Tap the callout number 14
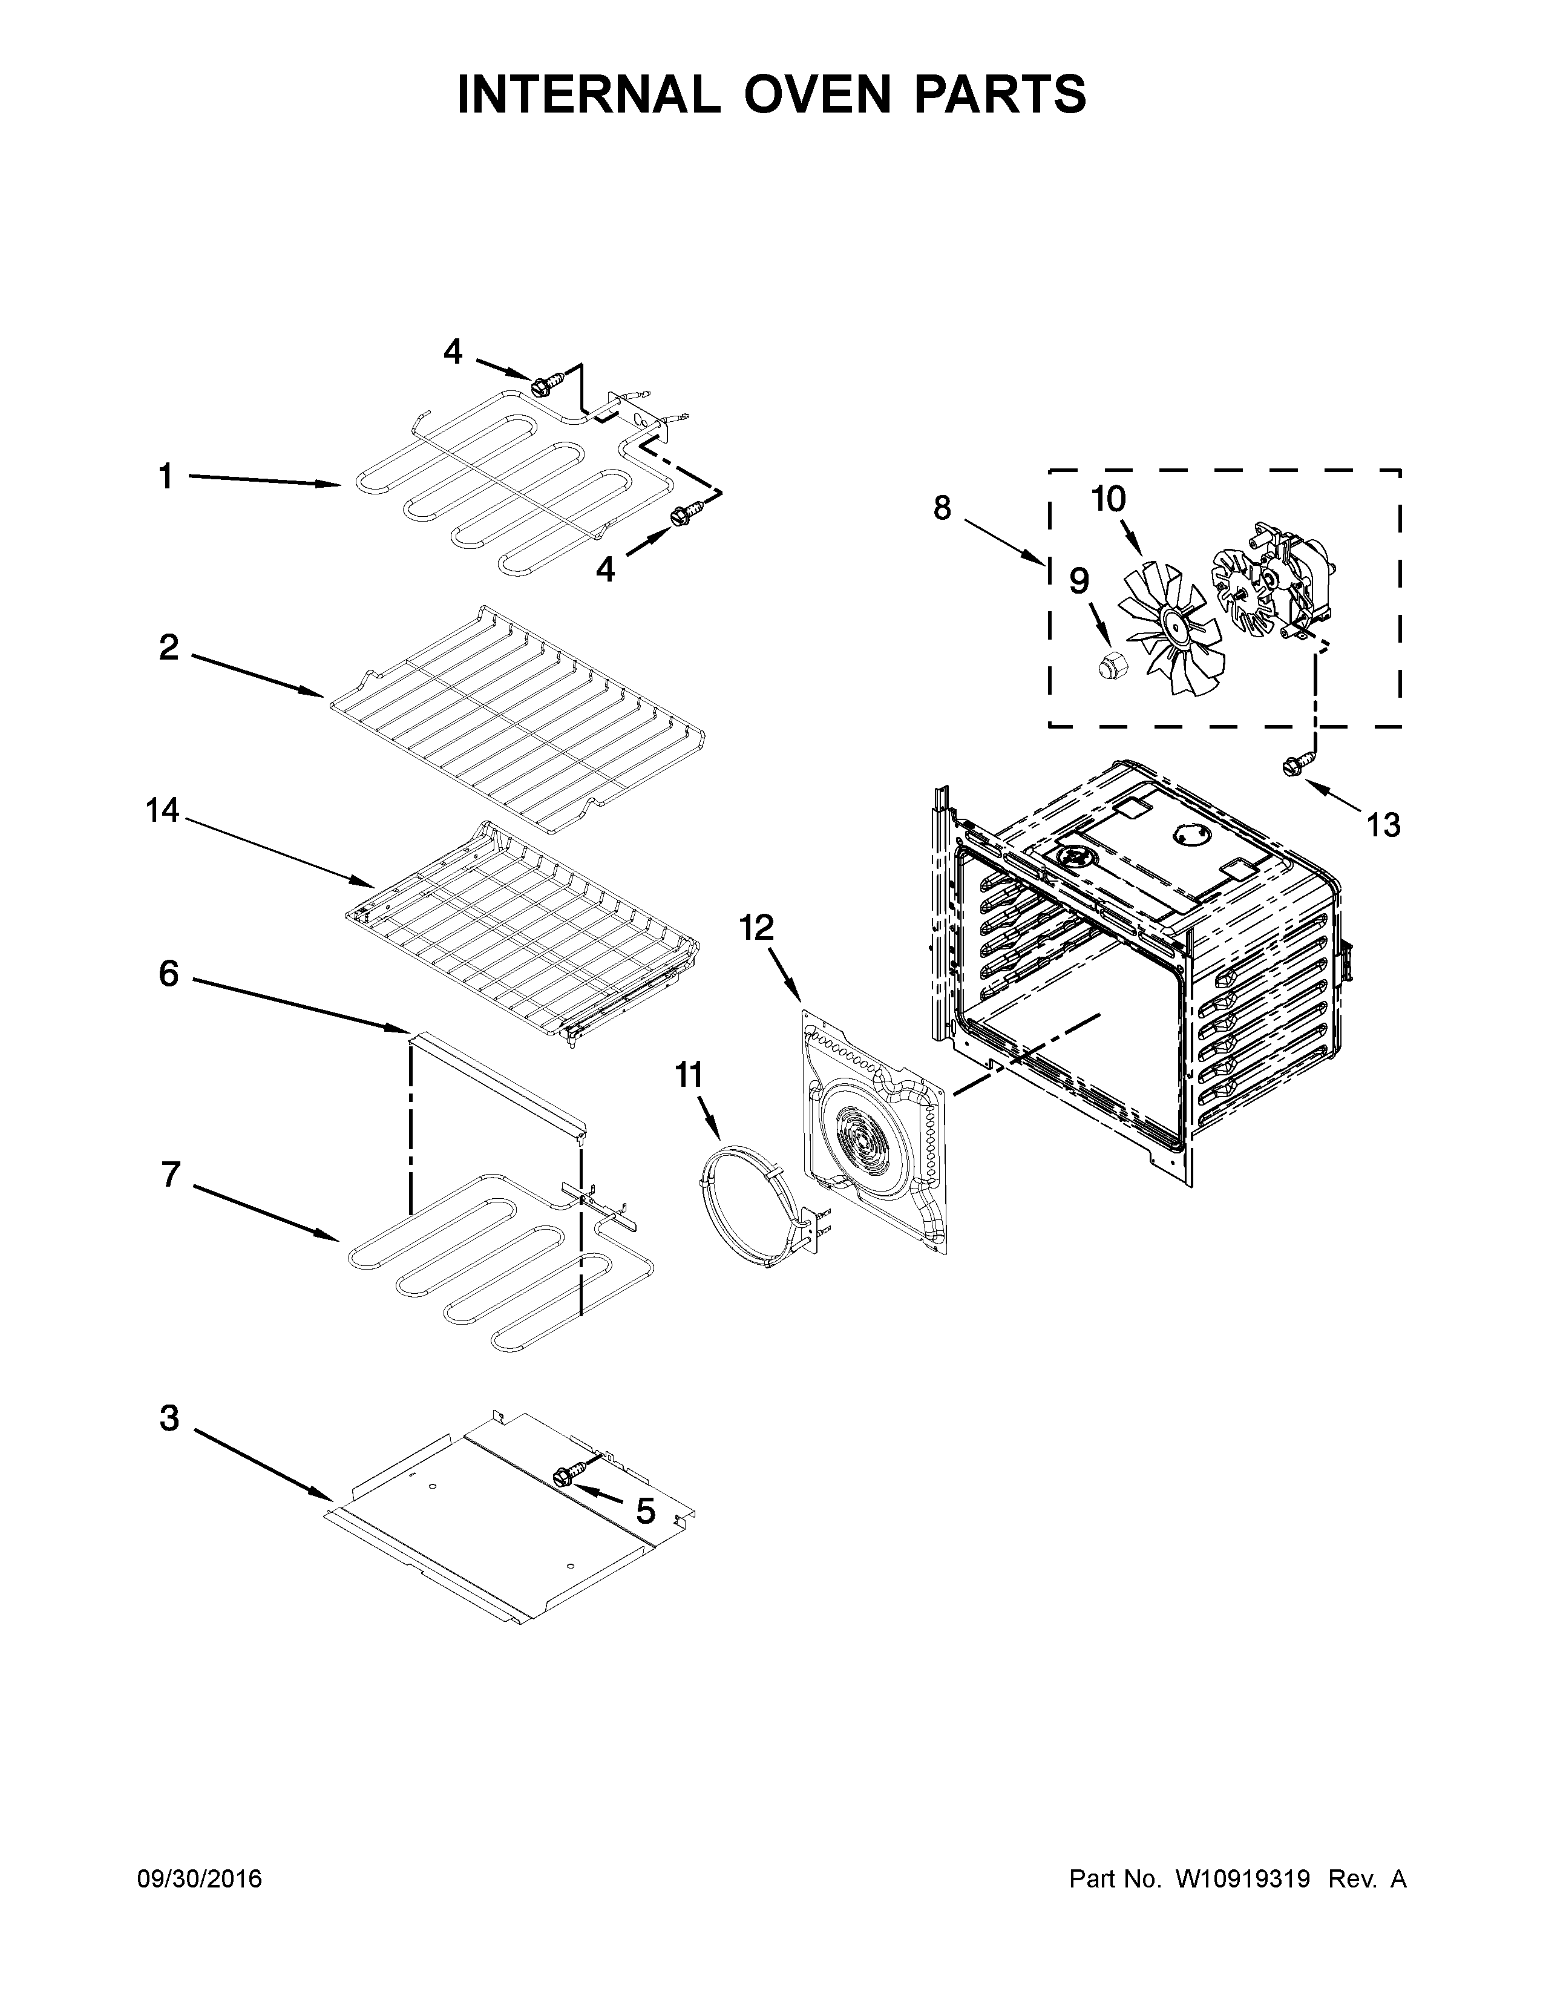click(163, 810)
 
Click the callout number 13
click(1383, 825)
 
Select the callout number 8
click(942, 508)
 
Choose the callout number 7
click(170, 1175)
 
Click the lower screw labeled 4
click(681, 517)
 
